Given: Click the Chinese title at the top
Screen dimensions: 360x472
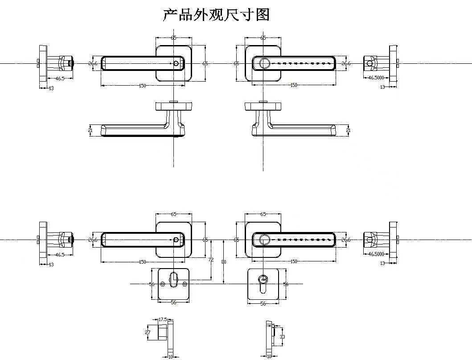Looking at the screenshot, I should click(216, 15).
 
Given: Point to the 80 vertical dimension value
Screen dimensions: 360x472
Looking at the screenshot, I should click(224, 262).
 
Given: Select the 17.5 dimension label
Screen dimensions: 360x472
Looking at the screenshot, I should click(163, 319).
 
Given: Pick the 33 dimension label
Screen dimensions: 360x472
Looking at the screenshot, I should click(282, 337).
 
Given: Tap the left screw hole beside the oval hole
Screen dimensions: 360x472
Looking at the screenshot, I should click(163, 284).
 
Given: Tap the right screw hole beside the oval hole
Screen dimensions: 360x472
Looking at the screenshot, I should click(185, 284).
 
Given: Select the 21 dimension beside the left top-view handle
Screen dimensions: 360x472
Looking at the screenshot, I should click(91, 130).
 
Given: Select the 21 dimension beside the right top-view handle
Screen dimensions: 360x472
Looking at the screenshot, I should click(348, 130).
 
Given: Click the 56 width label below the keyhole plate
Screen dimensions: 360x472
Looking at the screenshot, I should click(263, 303).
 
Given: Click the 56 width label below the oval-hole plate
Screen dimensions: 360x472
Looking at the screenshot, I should click(174, 302).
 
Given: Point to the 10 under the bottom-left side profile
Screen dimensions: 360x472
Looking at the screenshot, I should click(170, 356).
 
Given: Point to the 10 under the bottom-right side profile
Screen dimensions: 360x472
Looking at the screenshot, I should click(269, 356).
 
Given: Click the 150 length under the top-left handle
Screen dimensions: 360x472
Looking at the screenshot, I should click(143, 85).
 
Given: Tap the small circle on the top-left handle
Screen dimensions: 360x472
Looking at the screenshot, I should click(176, 64).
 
